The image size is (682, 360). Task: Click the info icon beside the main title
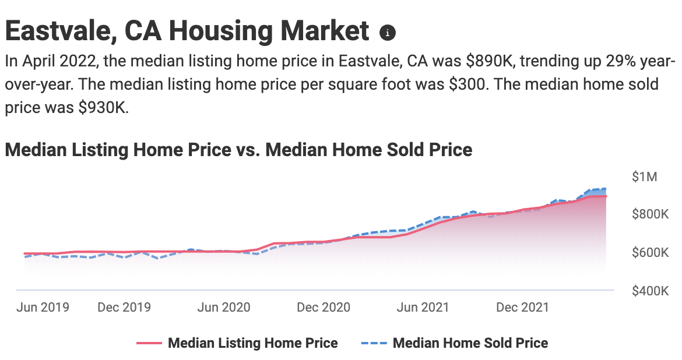pyautogui.click(x=388, y=33)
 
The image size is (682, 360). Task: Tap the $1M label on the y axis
pyautogui.click(x=645, y=177)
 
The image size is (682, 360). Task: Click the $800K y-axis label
pyautogui.click(x=650, y=214)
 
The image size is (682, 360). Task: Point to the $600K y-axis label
pyautogui.click(x=650, y=253)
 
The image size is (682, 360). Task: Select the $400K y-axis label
pyautogui.click(x=650, y=291)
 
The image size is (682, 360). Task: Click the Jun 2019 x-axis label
pyautogui.click(x=43, y=307)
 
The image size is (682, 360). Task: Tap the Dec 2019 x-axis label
pyautogui.click(x=124, y=307)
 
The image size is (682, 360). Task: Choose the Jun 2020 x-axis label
pyautogui.click(x=224, y=307)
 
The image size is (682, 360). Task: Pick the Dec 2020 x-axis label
pyautogui.click(x=324, y=307)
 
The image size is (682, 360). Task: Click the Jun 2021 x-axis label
pyautogui.click(x=423, y=307)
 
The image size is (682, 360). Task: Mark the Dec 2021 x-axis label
pyautogui.click(x=523, y=307)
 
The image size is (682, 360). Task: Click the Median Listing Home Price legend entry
pyautogui.click(x=252, y=343)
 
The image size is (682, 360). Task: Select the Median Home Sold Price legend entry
pyautogui.click(x=470, y=343)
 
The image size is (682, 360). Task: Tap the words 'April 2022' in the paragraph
pyautogui.click(x=58, y=62)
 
